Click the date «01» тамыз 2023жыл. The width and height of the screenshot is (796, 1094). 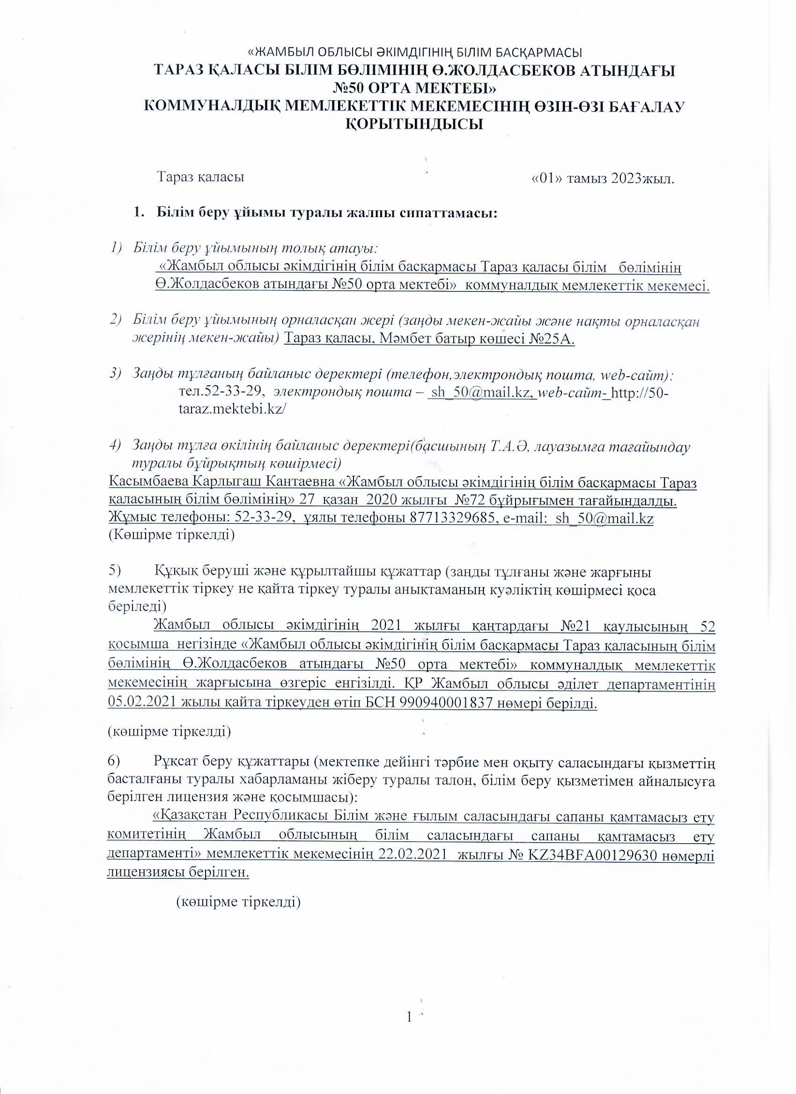pos(602,178)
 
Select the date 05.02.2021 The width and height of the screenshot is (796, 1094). pos(143,704)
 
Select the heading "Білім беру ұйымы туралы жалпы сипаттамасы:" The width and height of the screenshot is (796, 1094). pos(326,213)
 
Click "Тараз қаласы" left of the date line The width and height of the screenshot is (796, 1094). pos(200,177)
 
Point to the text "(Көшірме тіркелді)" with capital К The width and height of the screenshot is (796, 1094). pos(171,535)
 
